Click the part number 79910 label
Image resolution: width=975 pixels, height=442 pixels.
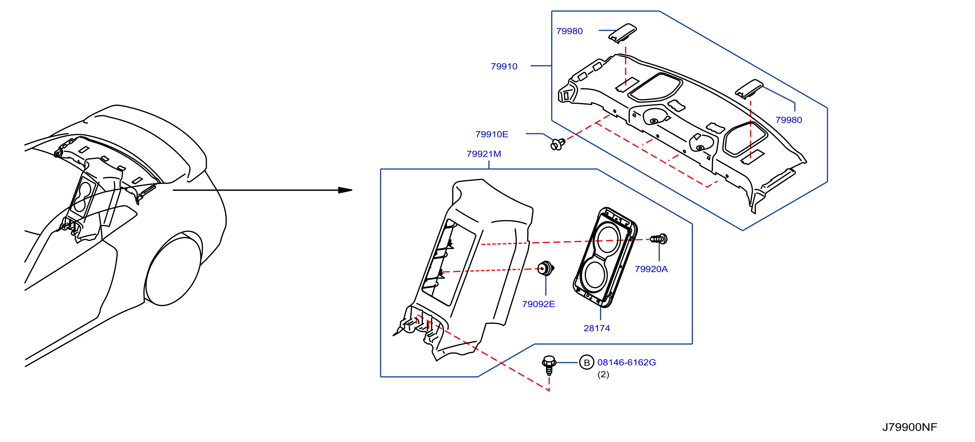[x=504, y=67]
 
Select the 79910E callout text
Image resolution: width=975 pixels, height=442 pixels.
[x=492, y=134]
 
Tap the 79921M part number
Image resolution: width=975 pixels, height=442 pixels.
[x=484, y=154]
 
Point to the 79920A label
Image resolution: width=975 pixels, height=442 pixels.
[x=651, y=269]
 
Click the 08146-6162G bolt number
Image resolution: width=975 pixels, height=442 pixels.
[x=626, y=362]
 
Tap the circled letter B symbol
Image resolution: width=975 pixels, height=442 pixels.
[x=587, y=362]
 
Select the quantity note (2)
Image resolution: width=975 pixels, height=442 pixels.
[x=603, y=374]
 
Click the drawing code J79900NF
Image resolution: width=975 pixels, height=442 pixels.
[x=909, y=427]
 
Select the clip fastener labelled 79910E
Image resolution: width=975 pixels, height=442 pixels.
[x=558, y=144]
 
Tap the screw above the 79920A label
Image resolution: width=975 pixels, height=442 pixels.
[x=659, y=239]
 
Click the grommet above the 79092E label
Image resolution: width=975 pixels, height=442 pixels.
[x=546, y=268]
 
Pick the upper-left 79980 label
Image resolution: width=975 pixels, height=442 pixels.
[x=569, y=31]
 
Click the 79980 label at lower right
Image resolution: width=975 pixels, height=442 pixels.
[x=789, y=120]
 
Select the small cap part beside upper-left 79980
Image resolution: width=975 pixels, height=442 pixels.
[x=622, y=33]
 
